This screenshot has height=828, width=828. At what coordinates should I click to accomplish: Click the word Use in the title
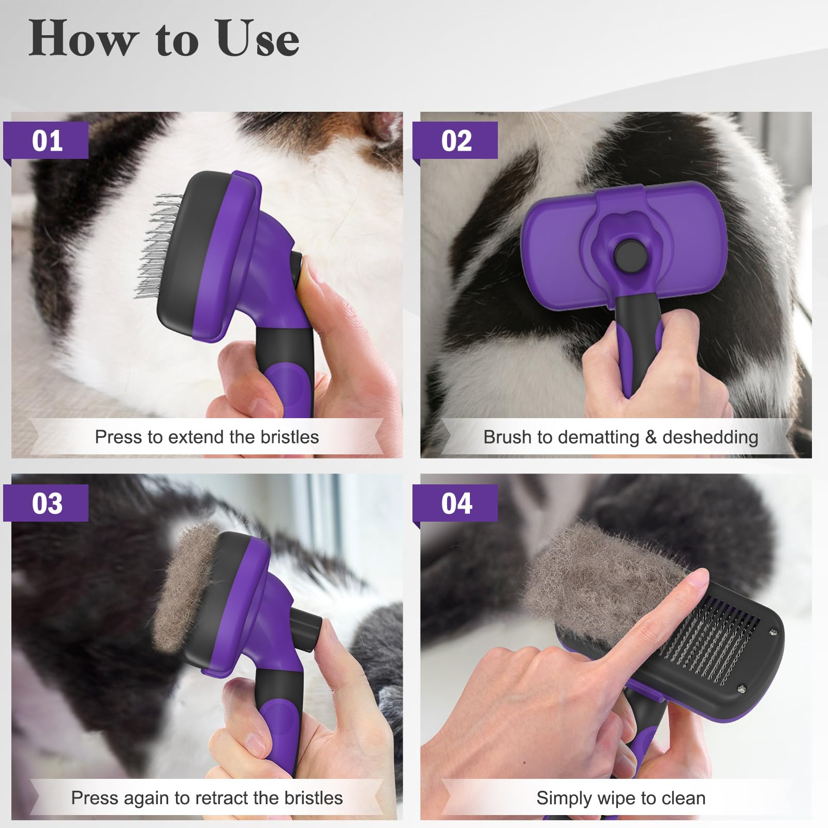(x=258, y=39)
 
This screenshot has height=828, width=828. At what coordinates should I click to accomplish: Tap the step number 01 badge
(x=47, y=141)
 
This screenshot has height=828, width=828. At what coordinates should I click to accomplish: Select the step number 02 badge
(x=456, y=141)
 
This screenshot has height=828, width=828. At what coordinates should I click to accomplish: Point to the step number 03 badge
(x=47, y=503)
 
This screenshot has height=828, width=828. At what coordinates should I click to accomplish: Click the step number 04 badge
(x=456, y=503)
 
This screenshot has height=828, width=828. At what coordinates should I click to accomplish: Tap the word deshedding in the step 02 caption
(x=710, y=437)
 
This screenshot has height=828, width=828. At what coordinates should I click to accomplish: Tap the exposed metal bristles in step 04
(x=714, y=647)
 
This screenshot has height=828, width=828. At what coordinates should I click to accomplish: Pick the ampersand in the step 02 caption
(x=650, y=437)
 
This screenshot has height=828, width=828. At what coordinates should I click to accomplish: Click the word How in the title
(x=83, y=39)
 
